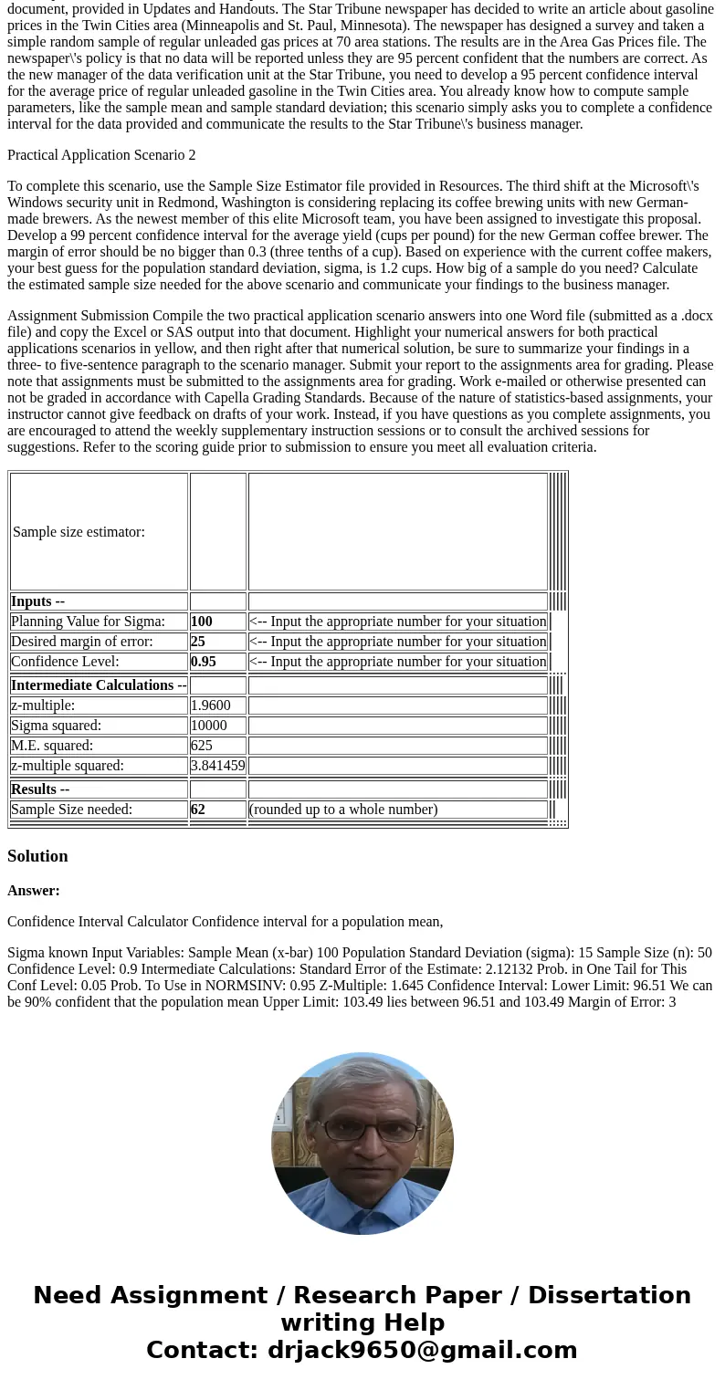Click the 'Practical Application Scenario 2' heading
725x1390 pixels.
(x=101, y=155)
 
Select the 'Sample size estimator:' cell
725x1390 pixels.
(x=79, y=532)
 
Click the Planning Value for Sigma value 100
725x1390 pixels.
(x=201, y=622)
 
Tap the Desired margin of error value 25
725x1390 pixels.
(x=197, y=642)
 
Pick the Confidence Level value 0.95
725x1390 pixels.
(x=203, y=662)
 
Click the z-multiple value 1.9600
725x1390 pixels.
(x=210, y=705)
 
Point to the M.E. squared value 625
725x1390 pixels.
(x=201, y=746)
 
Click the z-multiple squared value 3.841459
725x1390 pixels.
(x=217, y=766)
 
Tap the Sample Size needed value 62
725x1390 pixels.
(x=197, y=810)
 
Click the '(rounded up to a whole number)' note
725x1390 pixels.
(x=343, y=810)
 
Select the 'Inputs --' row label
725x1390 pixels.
(x=37, y=601)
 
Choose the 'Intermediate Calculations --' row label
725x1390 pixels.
(x=99, y=685)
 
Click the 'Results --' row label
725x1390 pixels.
(x=40, y=789)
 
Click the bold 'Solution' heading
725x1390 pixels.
(x=37, y=856)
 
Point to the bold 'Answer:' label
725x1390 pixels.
(x=34, y=891)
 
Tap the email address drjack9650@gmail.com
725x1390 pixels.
(x=422, y=1350)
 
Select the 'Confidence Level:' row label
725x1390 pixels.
(x=65, y=662)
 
